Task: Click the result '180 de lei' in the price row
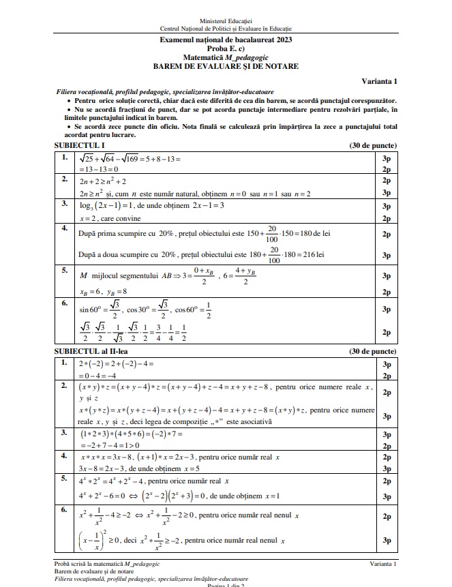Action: pos(313,233)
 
